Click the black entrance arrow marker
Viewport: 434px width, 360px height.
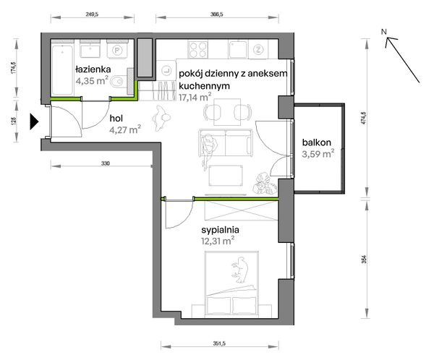click(x=34, y=121)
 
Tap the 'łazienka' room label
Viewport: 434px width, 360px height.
click(x=93, y=69)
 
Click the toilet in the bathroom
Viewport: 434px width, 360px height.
click(x=118, y=82)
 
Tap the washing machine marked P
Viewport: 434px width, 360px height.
click(x=117, y=49)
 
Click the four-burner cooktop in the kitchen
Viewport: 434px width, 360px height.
click(x=198, y=49)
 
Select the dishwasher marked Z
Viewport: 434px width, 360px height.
click(x=258, y=50)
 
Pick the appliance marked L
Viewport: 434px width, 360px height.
click(x=166, y=71)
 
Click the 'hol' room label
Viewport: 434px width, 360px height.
click(x=116, y=119)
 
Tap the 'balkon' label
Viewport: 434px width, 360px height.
click(x=317, y=142)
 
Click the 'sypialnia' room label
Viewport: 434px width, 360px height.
click(x=221, y=230)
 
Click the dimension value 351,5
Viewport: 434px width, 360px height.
click(x=220, y=343)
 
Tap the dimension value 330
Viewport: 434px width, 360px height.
click(x=105, y=163)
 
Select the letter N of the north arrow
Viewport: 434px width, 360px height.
click(x=383, y=32)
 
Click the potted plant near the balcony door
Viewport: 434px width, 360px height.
click(x=265, y=182)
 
